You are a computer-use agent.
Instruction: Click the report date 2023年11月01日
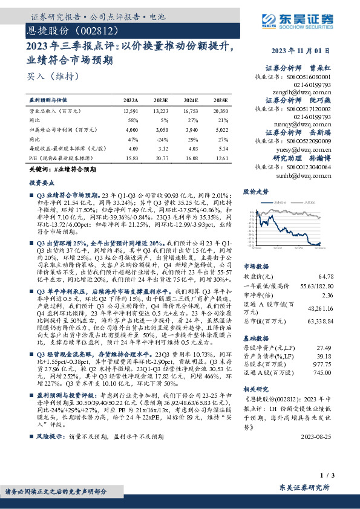click(301, 51)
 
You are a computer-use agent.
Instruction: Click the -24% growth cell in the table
click(161, 138)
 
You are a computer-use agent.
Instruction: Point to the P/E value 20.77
click(161, 157)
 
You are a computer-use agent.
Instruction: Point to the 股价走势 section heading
click(255, 191)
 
